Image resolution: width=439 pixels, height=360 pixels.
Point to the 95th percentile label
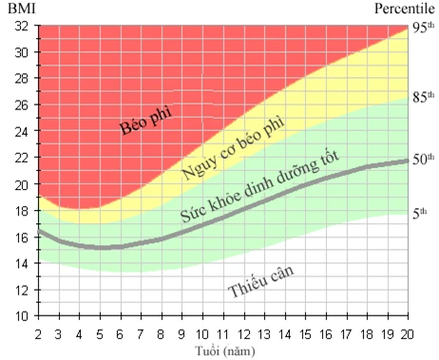point(423,28)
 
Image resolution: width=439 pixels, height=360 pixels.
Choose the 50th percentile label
point(423,159)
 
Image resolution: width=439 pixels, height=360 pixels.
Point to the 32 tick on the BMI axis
point(21,27)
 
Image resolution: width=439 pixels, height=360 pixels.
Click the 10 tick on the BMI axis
point(21,315)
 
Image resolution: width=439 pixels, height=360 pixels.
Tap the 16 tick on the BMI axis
point(21,237)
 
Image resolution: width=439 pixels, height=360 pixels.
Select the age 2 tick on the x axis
point(39,333)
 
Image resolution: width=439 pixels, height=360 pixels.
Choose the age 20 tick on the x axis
point(407,333)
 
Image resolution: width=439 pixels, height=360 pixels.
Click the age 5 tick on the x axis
point(100,333)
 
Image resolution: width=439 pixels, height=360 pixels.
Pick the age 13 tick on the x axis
point(263,333)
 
